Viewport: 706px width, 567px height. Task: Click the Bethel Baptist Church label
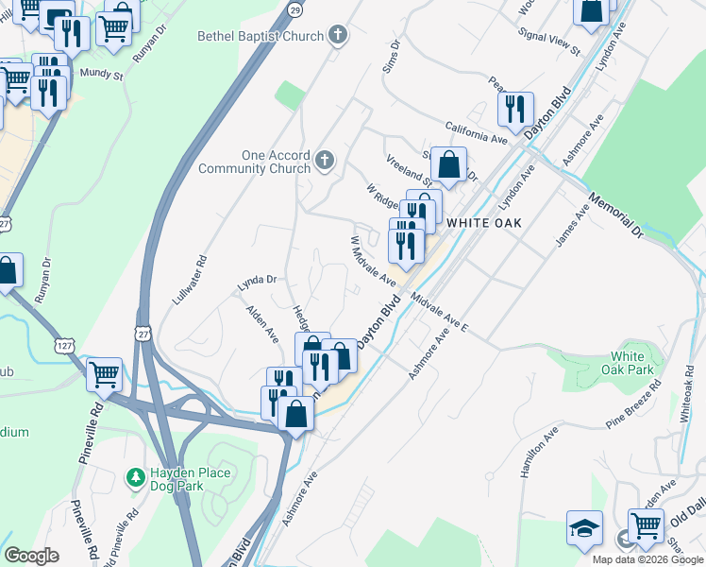[261, 37]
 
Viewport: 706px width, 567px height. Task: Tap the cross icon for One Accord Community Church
[325, 159]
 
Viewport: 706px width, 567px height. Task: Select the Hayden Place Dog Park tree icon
[135, 472]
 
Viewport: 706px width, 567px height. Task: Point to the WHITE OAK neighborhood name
[484, 222]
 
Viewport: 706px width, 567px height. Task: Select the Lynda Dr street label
[256, 280]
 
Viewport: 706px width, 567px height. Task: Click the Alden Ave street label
[262, 322]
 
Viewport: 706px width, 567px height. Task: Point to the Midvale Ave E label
[439, 312]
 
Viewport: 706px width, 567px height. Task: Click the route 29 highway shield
[295, 9]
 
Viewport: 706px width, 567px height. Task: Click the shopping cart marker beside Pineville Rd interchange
[104, 373]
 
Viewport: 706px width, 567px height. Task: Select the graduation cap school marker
[584, 526]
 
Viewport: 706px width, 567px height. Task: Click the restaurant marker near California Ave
[515, 109]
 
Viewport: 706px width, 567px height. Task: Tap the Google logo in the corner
[31, 556]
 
